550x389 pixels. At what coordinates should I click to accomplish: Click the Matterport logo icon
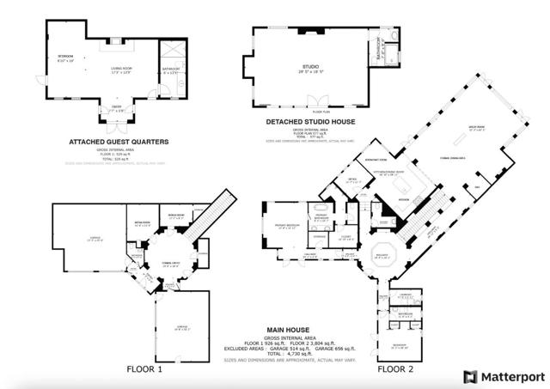click(470, 376)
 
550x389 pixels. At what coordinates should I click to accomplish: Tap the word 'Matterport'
click(511, 376)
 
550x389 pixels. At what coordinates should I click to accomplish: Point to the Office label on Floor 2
click(351, 180)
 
